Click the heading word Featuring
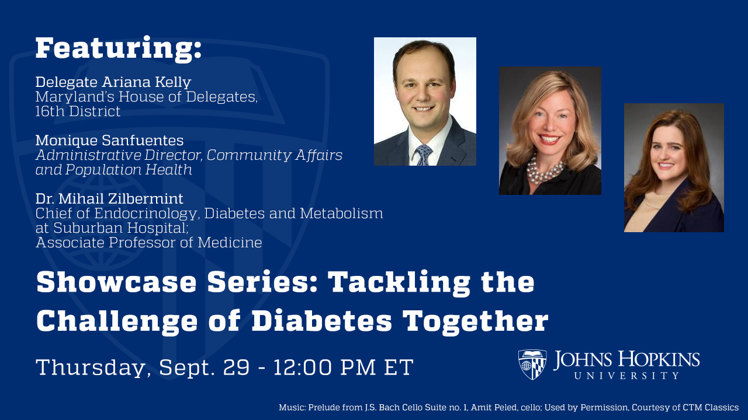(x=119, y=48)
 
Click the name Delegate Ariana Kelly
(x=113, y=82)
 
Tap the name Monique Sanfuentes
(x=109, y=141)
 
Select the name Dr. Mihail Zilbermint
(x=109, y=199)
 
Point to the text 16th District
(x=78, y=111)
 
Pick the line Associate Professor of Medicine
(x=148, y=243)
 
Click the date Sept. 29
(x=203, y=367)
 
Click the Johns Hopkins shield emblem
(x=532, y=365)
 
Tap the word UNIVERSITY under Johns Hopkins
(x=626, y=376)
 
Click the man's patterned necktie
(x=424, y=155)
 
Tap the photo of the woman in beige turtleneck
(x=674, y=167)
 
